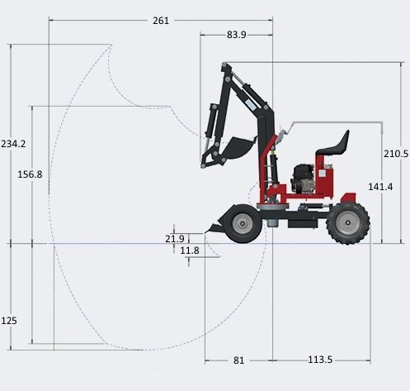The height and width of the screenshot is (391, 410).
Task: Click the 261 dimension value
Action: pos(161,21)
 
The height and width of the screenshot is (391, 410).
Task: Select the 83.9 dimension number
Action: pos(237,35)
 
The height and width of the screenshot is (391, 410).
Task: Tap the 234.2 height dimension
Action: pos(13,144)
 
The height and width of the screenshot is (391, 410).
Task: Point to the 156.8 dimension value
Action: pos(30,174)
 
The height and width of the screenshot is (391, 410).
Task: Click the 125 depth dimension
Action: pos(9,321)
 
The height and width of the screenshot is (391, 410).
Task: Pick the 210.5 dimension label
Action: pos(396,154)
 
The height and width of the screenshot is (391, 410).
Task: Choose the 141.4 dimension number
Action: pos(380,187)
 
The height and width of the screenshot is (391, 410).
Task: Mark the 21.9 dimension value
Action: pos(175,239)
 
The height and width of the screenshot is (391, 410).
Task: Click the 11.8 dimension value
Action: pos(190,250)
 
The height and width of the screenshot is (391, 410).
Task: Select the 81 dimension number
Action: pos(238,360)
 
